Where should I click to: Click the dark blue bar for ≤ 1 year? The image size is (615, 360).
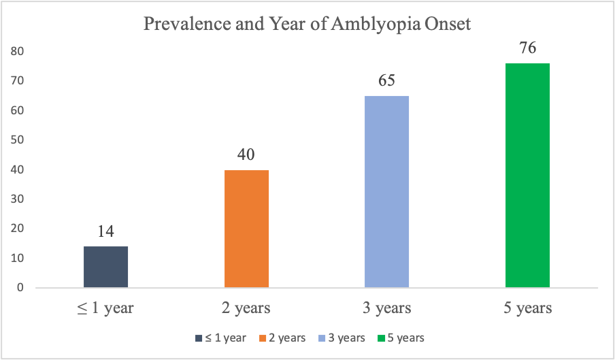pyautogui.click(x=105, y=267)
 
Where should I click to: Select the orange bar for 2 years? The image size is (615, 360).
pyautogui.click(x=246, y=229)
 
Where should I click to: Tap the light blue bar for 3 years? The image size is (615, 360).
pyautogui.click(x=386, y=192)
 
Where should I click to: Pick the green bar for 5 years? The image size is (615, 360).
pyautogui.click(x=527, y=176)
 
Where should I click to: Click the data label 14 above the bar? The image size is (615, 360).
pyautogui.click(x=105, y=232)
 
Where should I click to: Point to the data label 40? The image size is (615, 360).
pyautogui.click(x=246, y=155)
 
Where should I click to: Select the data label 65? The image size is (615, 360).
pyautogui.click(x=386, y=82)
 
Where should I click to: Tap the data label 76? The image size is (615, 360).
pyautogui.click(x=527, y=49)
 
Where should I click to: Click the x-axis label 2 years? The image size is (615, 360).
pyautogui.click(x=246, y=308)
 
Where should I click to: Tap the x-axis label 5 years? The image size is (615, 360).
pyautogui.click(x=527, y=308)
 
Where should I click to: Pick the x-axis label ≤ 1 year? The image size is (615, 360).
pyautogui.click(x=105, y=308)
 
